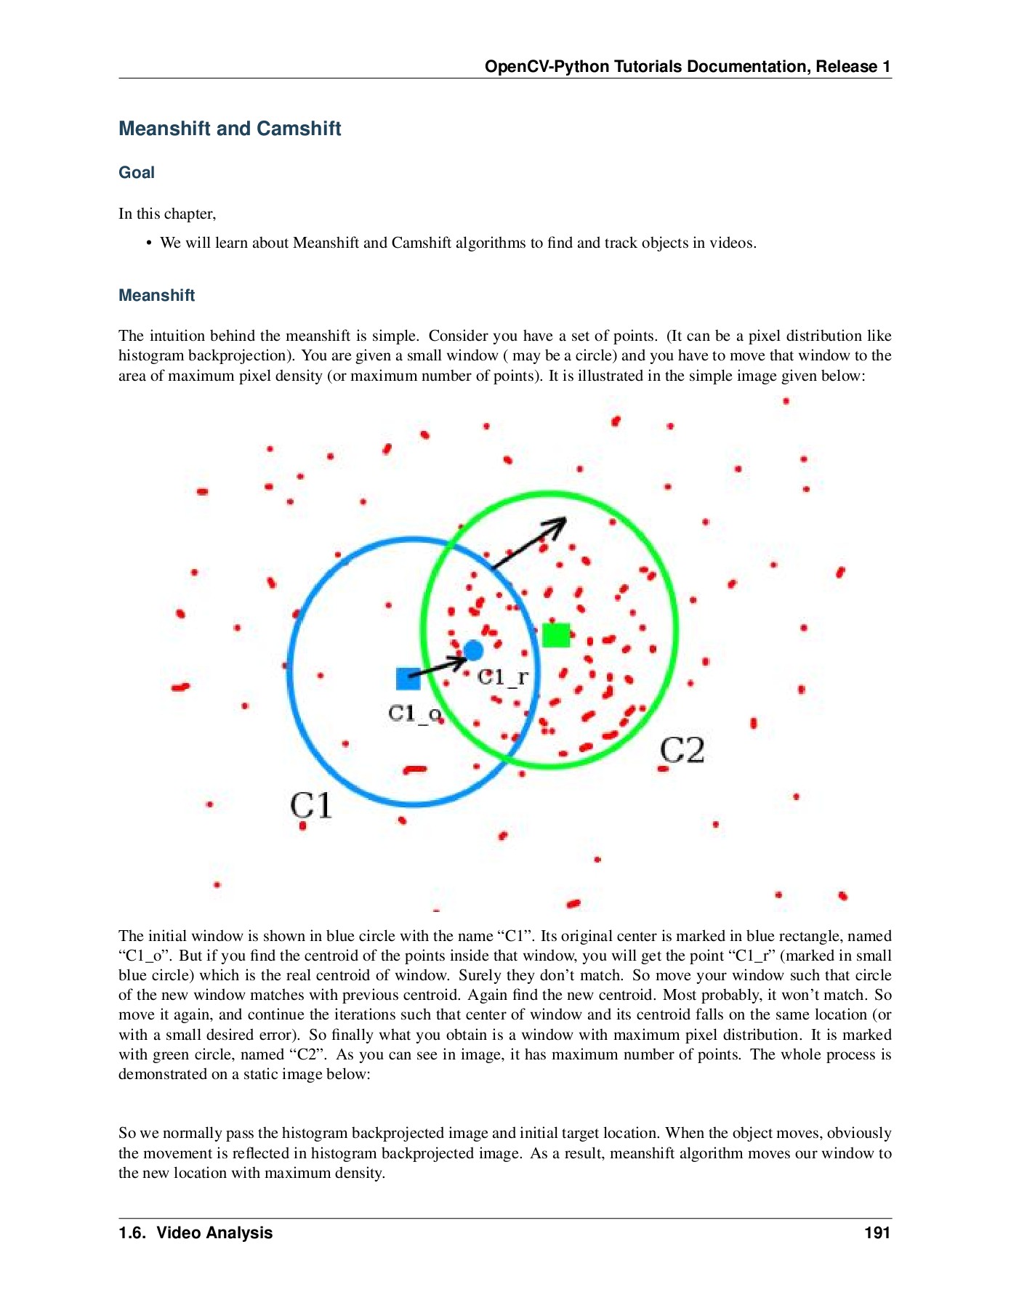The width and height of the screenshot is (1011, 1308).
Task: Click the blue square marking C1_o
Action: pyautogui.click(x=408, y=679)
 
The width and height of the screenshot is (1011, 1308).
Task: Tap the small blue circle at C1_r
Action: pyautogui.click(x=473, y=650)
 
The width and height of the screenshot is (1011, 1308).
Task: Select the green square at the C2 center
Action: pyautogui.click(x=556, y=634)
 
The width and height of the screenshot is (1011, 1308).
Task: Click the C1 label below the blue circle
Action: pyautogui.click(x=311, y=805)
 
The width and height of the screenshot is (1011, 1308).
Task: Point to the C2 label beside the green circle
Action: pyautogui.click(x=682, y=750)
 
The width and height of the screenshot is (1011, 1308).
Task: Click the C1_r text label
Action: pyautogui.click(x=502, y=677)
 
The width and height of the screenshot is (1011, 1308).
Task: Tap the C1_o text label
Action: pyautogui.click(x=414, y=714)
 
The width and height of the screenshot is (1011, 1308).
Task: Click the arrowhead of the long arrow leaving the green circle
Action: pyautogui.click(x=560, y=522)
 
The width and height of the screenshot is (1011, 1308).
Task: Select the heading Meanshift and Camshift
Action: pyautogui.click(x=230, y=129)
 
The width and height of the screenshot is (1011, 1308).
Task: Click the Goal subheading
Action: pyautogui.click(x=137, y=173)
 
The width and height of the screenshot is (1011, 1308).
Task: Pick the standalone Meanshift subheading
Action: pyautogui.click(x=157, y=296)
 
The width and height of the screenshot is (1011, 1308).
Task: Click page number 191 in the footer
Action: pyautogui.click(x=877, y=1232)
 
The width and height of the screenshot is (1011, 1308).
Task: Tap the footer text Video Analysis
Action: pyautogui.click(x=214, y=1232)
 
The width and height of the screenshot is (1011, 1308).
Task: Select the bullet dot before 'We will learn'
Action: pyautogui.click(x=149, y=243)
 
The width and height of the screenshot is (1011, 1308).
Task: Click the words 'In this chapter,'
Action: pyautogui.click(x=167, y=214)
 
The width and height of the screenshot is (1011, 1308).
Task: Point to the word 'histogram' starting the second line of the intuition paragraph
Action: pyautogui.click(x=151, y=356)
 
